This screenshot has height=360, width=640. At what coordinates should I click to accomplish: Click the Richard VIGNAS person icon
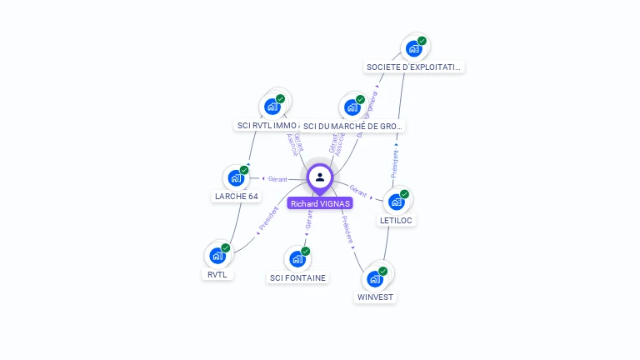(x=320, y=177)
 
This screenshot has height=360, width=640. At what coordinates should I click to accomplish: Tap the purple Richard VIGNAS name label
(x=320, y=203)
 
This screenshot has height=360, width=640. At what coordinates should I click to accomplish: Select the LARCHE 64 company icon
(x=236, y=178)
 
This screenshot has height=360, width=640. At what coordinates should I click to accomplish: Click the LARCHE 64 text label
(x=237, y=197)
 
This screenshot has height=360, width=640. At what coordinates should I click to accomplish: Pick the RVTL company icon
(x=217, y=255)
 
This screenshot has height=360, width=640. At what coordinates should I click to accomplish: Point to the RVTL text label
(x=217, y=274)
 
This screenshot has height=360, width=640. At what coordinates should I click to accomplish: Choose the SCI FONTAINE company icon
(x=297, y=258)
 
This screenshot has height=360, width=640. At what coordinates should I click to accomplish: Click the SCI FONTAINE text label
(x=298, y=277)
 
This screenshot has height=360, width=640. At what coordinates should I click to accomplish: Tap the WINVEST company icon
(x=374, y=277)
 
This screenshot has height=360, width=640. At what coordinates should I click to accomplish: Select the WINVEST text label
(x=376, y=297)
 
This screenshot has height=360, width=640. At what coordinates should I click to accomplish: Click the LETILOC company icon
(x=396, y=201)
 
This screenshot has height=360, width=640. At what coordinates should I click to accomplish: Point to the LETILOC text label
(x=397, y=220)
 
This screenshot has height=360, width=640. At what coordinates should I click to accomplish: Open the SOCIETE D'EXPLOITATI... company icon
(x=414, y=48)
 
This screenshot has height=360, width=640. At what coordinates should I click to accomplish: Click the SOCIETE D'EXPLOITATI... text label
(x=414, y=67)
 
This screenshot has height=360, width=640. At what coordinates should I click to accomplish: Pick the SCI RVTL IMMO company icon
(x=272, y=107)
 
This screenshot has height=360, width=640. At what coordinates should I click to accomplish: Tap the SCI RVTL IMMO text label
(x=267, y=126)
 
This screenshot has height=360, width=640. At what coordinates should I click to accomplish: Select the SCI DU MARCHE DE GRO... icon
(x=352, y=107)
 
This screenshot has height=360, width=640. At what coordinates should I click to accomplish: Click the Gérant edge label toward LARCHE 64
(x=277, y=179)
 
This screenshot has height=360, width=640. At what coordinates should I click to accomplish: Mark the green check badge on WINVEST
(x=383, y=271)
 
